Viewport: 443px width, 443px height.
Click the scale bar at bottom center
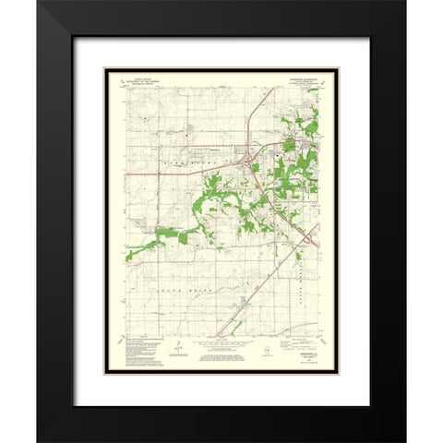[x=221, y=348]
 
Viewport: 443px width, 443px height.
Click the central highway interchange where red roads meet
[x=247, y=164]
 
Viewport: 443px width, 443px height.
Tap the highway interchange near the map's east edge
[x=306, y=242]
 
